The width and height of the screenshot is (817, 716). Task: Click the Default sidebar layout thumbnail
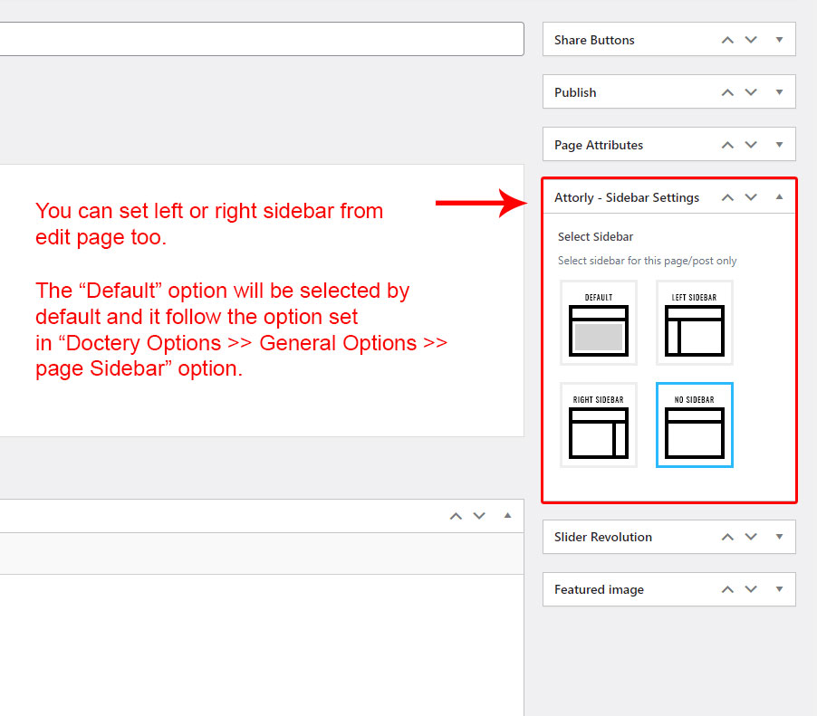point(598,322)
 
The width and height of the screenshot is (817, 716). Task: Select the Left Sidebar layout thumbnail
point(695,322)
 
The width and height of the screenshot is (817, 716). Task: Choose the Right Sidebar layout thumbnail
point(598,425)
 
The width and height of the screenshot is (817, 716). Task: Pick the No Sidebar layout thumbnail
point(695,425)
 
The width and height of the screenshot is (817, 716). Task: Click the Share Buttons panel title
point(594,40)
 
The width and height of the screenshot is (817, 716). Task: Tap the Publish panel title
point(575,92)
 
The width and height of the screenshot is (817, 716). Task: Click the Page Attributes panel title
point(599,146)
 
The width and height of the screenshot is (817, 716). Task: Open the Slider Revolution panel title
point(603,537)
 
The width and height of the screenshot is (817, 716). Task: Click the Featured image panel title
point(599,589)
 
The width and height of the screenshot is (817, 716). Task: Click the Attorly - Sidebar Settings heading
point(627,198)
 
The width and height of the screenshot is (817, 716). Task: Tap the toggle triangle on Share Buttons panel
point(779,40)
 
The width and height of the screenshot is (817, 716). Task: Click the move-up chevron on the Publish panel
point(727,92)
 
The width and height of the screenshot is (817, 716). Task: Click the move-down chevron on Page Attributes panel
point(751,145)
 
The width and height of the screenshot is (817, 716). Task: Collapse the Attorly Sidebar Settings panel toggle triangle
point(779,196)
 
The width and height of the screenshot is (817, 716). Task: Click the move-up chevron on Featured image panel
point(727,589)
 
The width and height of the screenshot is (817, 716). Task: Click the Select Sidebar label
point(596,237)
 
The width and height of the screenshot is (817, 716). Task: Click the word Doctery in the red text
point(103,344)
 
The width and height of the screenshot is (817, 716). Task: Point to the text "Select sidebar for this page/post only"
point(647,261)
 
